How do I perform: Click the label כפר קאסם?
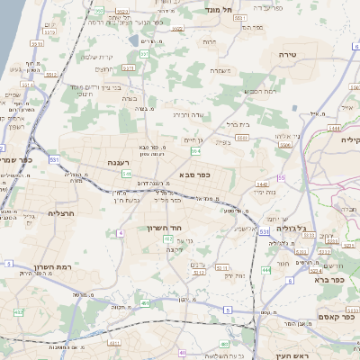click(337, 316)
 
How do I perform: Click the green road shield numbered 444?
click(266, 269)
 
